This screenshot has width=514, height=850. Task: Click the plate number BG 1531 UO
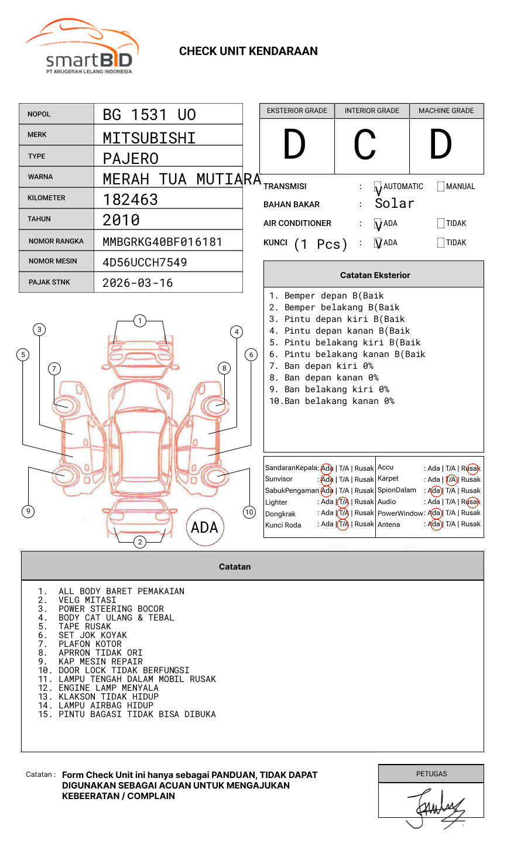click(149, 115)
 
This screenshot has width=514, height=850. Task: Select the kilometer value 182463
click(130, 200)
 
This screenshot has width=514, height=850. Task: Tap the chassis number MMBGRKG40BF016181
click(162, 242)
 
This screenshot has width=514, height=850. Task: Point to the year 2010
click(121, 220)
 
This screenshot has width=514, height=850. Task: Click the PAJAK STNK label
click(49, 282)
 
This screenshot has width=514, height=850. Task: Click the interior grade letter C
click(365, 145)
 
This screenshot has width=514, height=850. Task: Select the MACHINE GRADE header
click(446, 111)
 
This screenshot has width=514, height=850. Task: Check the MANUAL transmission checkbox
click(441, 187)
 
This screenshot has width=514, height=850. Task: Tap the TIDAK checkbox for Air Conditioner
click(441, 224)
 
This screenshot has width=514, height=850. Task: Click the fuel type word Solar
click(394, 204)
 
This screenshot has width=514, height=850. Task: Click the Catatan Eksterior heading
click(375, 275)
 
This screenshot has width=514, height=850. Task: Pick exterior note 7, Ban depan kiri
click(321, 366)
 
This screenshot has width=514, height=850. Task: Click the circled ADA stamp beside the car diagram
click(204, 527)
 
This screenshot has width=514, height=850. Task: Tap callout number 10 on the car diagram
click(249, 512)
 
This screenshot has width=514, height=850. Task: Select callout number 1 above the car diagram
click(139, 321)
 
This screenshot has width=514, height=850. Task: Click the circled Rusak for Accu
click(471, 468)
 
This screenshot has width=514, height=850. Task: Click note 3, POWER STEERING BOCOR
click(111, 609)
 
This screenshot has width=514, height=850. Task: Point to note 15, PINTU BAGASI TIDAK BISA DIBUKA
click(136, 714)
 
